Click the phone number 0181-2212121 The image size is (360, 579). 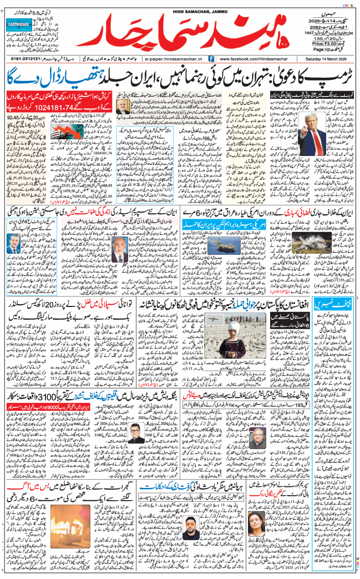(26, 58)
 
